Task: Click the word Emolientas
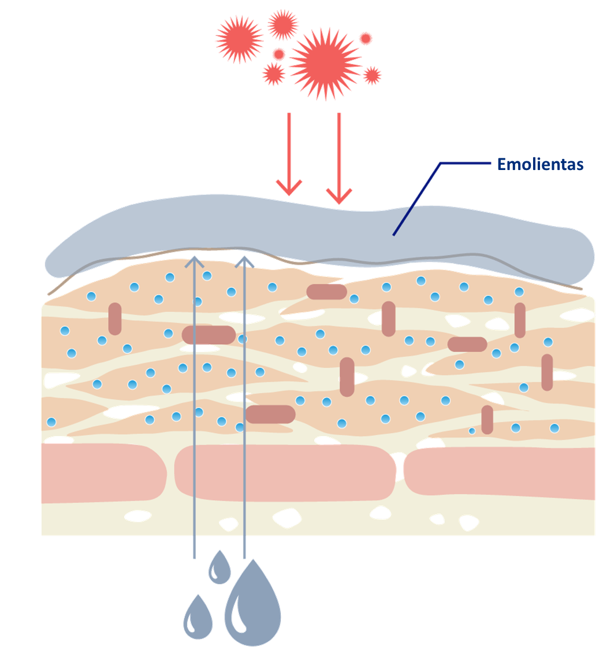[x=540, y=164]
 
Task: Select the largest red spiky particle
[x=326, y=64]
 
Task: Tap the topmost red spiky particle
[x=283, y=24]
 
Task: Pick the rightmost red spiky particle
[x=371, y=76]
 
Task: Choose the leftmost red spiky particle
[x=239, y=39]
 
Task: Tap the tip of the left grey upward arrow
[x=194, y=257]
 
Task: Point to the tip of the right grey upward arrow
[x=244, y=257]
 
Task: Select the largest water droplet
[x=252, y=604]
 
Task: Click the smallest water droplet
[x=219, y=567]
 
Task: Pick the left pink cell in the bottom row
[x=103, y=472]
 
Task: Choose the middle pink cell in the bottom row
[x=285, y=472]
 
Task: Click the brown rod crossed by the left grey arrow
[x=208, y=335]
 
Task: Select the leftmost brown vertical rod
[x=115, y=319]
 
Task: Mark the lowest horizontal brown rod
[x=270, y=414]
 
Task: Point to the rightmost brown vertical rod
[x=547, y=372]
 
